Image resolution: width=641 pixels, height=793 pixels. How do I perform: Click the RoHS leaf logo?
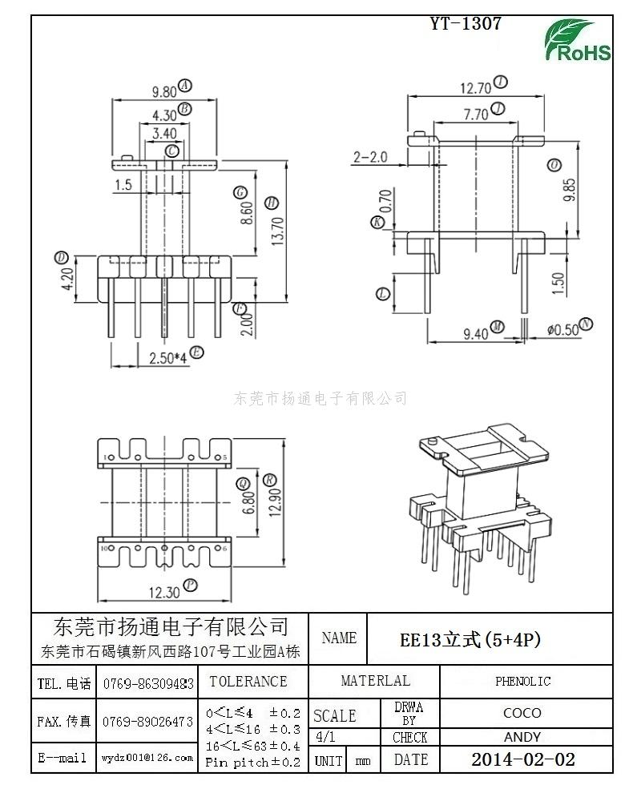click(578, 41)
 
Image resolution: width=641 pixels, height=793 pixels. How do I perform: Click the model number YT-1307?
click(466, 24)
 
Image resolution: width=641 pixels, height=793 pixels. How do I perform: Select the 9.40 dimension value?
click(475, 333)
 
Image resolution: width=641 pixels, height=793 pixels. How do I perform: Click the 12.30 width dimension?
click(163, 592)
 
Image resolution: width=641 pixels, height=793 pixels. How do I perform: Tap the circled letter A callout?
click(185, 85)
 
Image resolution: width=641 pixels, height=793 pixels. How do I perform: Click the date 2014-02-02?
click(522, 759)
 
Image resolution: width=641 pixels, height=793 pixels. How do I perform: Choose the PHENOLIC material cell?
click(522, 682)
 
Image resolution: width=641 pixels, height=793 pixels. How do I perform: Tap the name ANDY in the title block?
click(522, 737)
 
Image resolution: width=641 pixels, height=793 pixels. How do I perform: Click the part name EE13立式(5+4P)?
click(470, 639)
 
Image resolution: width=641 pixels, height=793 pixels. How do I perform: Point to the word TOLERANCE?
click(248, 682)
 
